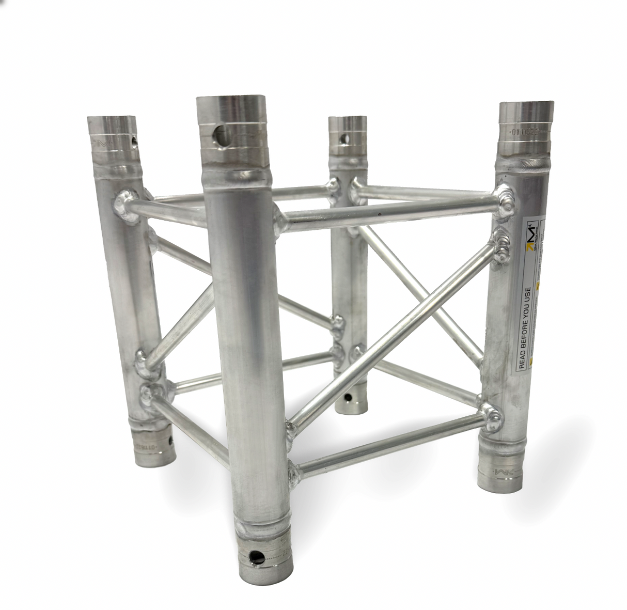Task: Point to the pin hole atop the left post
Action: point(135,140)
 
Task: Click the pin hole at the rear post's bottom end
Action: point(348,397)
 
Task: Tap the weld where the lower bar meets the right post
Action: point(490,416)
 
